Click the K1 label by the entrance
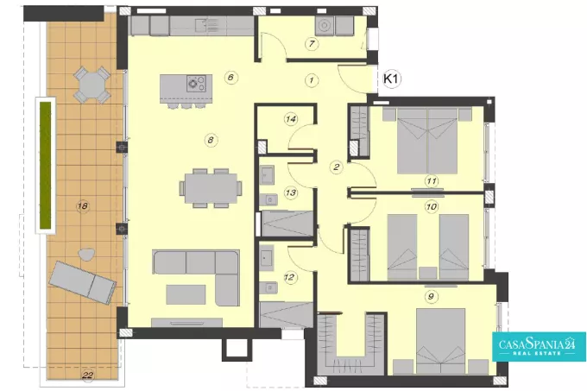point(392,79)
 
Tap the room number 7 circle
point(312,44)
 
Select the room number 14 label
point(291,119)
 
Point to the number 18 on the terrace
point(83,205)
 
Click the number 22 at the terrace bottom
point(87,375)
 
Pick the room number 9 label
point(432,297)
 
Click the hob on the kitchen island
point(196,84)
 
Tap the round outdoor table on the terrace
point(92,85)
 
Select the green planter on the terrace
point(45,164)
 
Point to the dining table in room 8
point(211,188)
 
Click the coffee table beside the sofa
point(186,294)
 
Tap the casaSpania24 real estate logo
point(539,346)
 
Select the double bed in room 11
point(427,141)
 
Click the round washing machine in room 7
point(324,26)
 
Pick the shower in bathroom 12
point(287,315)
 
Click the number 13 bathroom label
point(291,193)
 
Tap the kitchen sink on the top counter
point(206,26)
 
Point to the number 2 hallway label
point(337,167)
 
